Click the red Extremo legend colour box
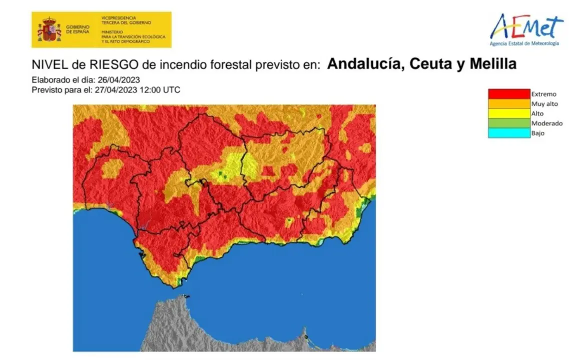508,94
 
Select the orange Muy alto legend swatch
508,104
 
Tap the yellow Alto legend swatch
508,113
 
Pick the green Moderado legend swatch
508,123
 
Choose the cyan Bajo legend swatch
508,133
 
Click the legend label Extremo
543,94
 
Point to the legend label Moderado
546,123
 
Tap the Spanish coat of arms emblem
49,29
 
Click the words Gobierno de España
77,29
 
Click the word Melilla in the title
492,64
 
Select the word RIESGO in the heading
93,64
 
